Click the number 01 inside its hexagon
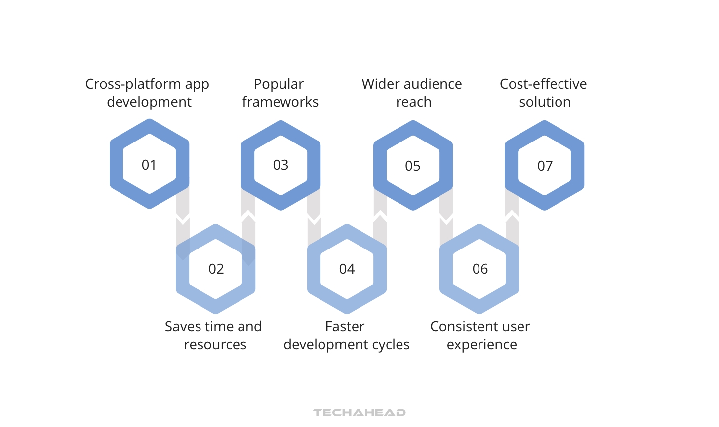click(x=149, y=165)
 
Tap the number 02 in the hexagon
click(x=216, y=269)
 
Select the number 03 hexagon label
click(x=280, y=165)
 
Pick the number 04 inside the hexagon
click(x=347, y=269)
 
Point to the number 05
click(x=413, y=166)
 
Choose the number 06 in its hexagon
click(x=480, y=269)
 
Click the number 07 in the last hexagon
click(x=545, y=166)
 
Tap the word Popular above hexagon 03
click(x=279, y=84)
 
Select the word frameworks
click(x=280, y=102)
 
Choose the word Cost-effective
click(x=543, y=84)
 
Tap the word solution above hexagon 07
click(x=545, y=102)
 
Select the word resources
click(x=215, y=345)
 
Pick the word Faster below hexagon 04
click(x=345, y=327)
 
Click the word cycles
click(x=391, y=345)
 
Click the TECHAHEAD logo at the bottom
click(x=359, y=413)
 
